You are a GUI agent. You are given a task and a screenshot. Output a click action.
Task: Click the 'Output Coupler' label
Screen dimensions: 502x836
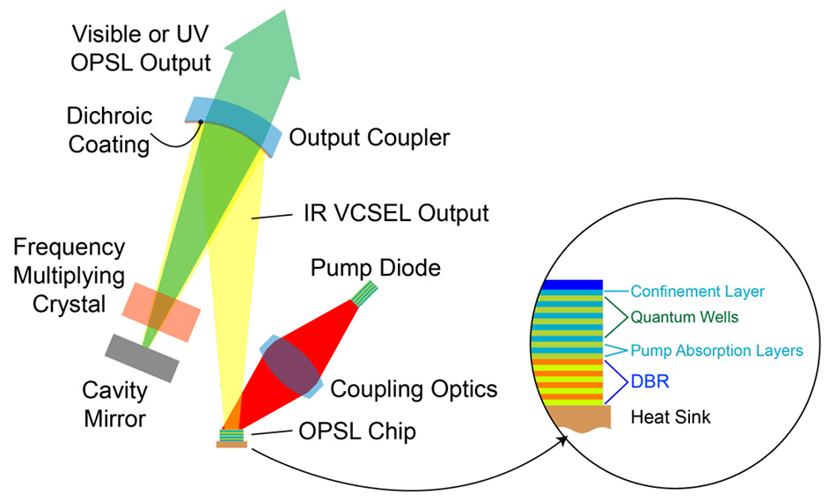(370, 138)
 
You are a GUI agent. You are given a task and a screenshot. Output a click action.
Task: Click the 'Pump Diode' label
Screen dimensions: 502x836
(376, 267)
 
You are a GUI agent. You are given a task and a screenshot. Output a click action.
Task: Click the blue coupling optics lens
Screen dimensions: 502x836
(290, 365)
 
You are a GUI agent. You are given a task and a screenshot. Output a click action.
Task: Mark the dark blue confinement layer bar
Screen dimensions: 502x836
(572, 285)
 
